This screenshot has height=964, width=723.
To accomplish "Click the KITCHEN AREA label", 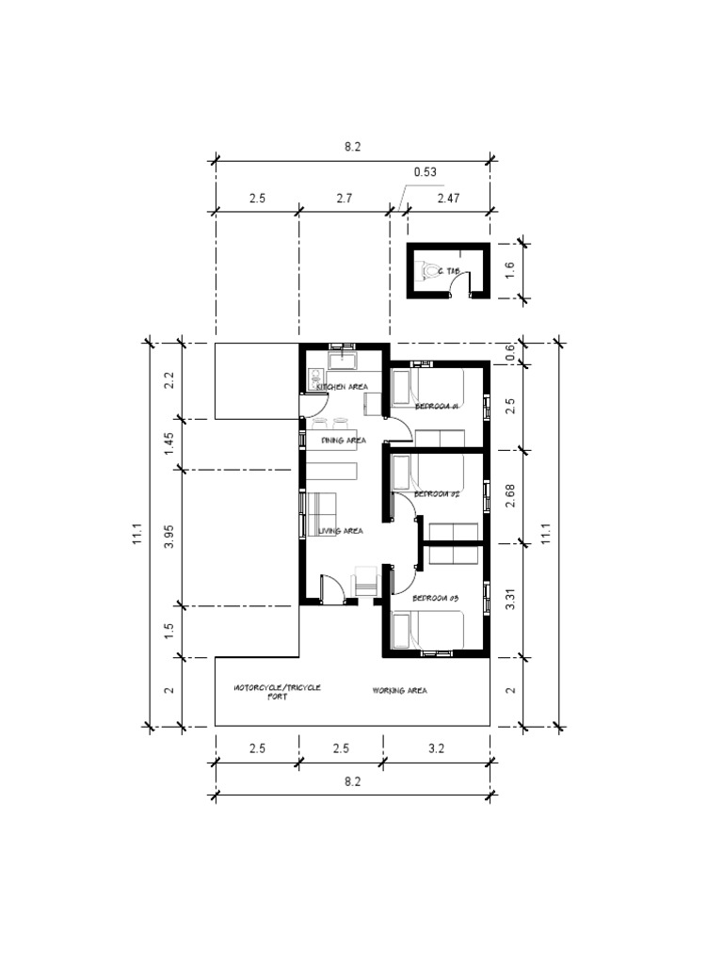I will point(341,387).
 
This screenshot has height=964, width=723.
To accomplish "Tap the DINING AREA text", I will point(343,440).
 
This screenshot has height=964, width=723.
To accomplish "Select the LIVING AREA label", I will point(340,531).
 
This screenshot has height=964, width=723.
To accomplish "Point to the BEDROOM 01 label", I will point(436,407).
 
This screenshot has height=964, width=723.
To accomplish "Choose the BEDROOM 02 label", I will point(436,493).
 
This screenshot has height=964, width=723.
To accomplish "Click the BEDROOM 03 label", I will point(435,599).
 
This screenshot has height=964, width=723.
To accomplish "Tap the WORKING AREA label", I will point(399,690).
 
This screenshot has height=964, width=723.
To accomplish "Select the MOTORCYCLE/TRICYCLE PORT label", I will point(277,692).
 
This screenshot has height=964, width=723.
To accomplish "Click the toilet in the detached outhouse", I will point(432,271).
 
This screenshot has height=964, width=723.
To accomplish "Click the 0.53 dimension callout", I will point(425,172).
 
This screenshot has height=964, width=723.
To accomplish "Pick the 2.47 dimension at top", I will point(448,199).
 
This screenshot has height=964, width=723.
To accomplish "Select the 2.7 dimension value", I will point(344,199).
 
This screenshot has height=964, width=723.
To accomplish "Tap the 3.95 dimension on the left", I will point(169,538).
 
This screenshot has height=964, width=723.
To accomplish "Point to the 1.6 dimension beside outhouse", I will point(510,271).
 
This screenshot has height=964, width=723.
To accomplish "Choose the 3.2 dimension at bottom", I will point(436,749).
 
